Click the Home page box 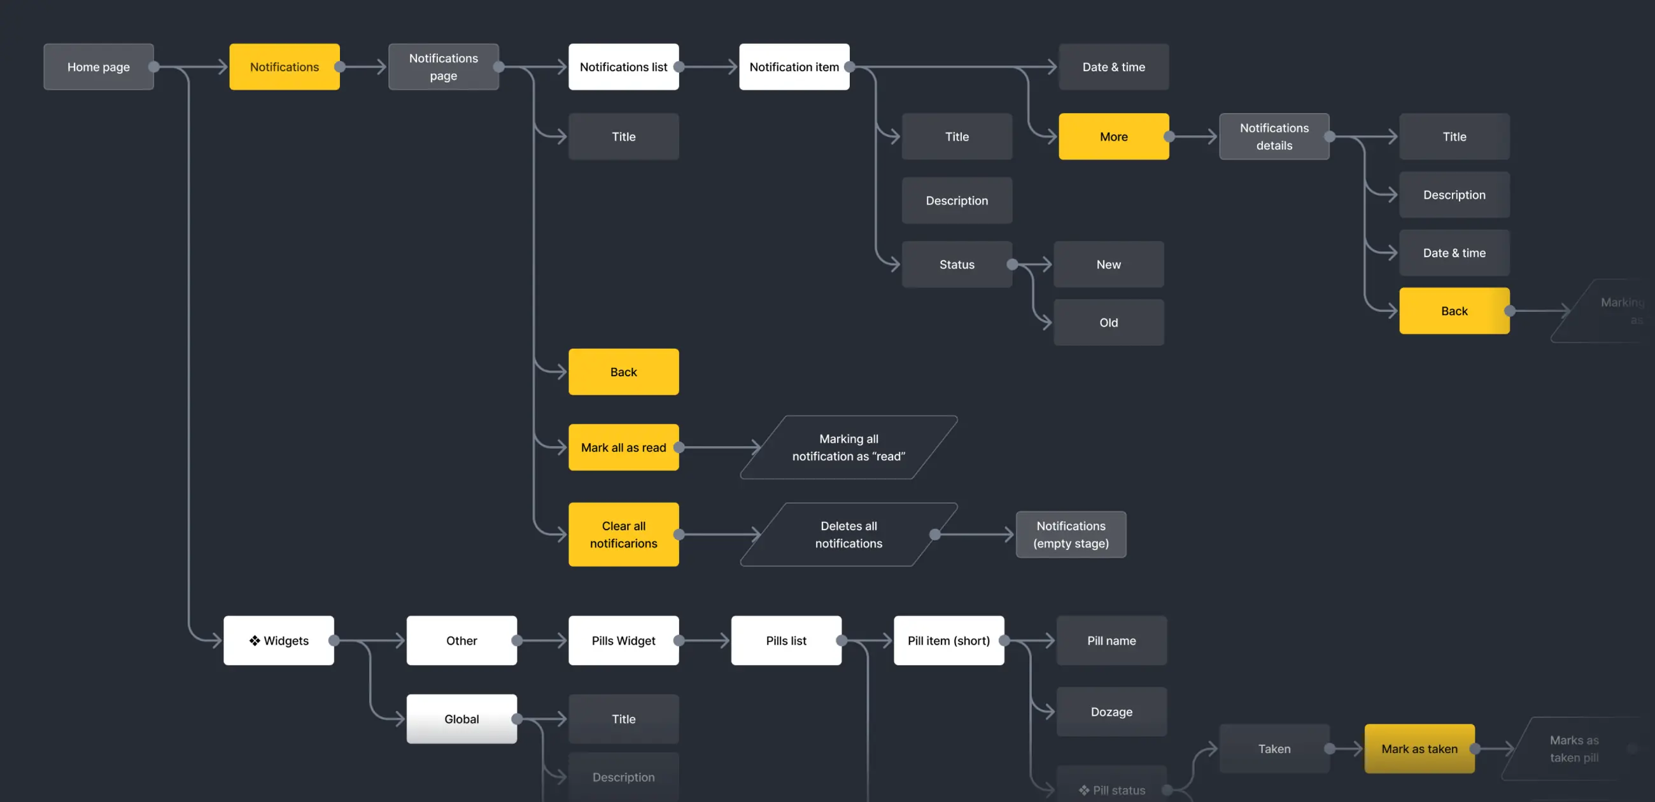[98, 67]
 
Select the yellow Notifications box [284, 67]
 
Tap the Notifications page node [443, 67]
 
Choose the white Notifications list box [623, 67]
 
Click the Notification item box [794, 67]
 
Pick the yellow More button [1113, 136]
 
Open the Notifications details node [1274, 136]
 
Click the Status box [957, 264]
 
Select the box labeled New [1108, 264]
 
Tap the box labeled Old [1108, 323]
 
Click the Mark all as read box [623, 447]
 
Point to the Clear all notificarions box [623, 534]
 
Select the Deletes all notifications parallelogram [848, 534]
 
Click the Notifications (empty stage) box [1071, 534]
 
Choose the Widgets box [279, 640]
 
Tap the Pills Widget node [623, 640]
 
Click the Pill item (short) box [948, 640]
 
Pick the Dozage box [1111, 712]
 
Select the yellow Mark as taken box [1419, 749]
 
